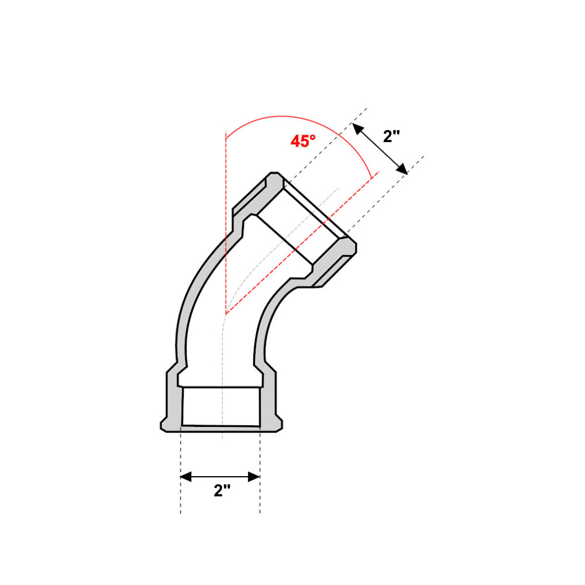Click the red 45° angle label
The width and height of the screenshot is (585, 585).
[x=303, y=141]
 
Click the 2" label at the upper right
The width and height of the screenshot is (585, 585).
[x=391, y=136]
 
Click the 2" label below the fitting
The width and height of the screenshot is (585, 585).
[x=222, y=490]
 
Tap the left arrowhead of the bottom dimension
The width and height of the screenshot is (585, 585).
[x=186, y=476]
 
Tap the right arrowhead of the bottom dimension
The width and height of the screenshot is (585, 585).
[x=254, y=476]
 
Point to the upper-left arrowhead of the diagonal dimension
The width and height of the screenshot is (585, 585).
[x=357, y=128]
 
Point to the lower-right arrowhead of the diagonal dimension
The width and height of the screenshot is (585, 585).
[x=402, y=169]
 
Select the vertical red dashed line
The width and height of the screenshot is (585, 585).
[x=226, y=223]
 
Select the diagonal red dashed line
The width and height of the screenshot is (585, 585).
[x=302, y=243]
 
